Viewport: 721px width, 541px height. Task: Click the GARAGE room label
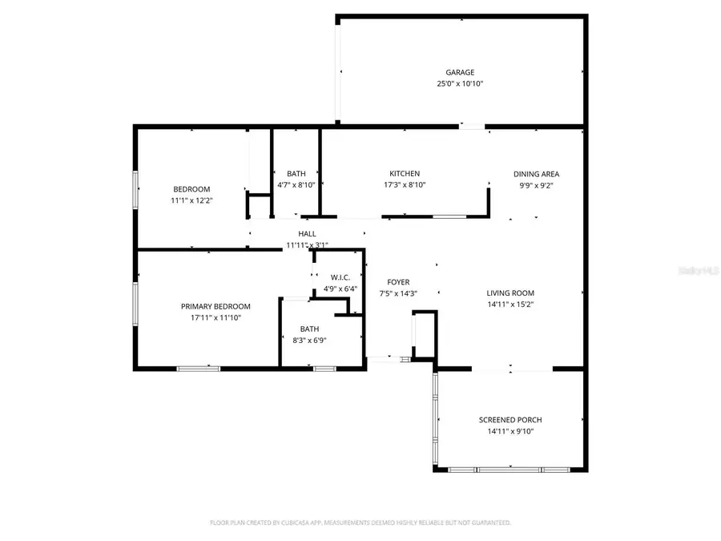[x=460, y=72]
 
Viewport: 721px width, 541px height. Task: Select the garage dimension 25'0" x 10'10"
[x=460, y=83]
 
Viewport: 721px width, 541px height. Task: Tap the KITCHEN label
[x=405, y=174]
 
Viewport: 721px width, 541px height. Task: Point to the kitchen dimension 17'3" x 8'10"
[x=405, y=184]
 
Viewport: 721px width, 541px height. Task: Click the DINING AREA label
[x=536, y=174]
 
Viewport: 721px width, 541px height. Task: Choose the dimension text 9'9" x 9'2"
[x=536, y=184]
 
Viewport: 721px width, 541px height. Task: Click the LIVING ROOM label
[x=510, y=293]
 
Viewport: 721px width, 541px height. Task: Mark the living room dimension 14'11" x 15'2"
[x=510, y=305]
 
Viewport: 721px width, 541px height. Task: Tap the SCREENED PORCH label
[x=510, y=420]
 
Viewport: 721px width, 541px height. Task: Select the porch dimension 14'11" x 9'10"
[x=510, y=431]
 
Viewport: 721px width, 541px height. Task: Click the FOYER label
[x=398, y=282]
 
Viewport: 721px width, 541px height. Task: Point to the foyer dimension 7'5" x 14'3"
[x=398, y=293]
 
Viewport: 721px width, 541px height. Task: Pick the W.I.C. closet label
[x=340, y=277]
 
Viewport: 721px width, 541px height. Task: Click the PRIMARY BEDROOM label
[x=215, y=306]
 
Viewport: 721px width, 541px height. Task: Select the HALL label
[x=308, y=234]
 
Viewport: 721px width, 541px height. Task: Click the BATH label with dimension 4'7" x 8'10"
[x=296, y=174]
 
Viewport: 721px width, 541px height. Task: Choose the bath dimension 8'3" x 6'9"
[x=308, y=340]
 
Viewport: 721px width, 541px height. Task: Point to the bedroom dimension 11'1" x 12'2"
[x=191, y=200]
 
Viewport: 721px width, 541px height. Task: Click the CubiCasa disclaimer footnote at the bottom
[x=360, y=523]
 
